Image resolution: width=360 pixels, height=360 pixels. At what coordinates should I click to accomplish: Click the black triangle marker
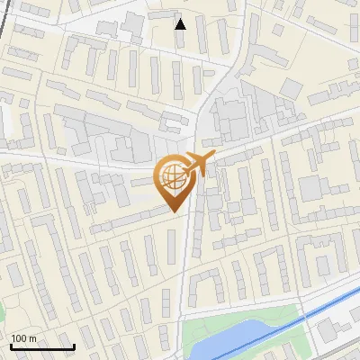tap(181, 23)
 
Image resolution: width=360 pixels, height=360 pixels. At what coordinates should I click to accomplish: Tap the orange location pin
tap(173, 182)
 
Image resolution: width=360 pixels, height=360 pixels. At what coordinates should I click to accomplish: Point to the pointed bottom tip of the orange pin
tap(174, 211)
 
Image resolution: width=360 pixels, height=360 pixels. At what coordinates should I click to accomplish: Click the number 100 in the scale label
tap(19, 338)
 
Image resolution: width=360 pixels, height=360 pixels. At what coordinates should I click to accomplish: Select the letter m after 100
tap(32, 339)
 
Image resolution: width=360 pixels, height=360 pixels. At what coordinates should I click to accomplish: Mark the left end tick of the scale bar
tap(12, 346)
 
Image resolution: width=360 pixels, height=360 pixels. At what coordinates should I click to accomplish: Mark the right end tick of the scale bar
tap(74, 346)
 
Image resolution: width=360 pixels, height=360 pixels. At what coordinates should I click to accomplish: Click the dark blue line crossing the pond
tap(261, 332)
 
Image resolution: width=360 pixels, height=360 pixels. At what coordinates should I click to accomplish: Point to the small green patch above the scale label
tap(2, 313)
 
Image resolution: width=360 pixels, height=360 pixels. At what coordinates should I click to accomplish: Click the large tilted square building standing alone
tap(291, 87)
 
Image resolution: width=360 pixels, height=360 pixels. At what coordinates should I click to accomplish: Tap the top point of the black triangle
tap(181, 18)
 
